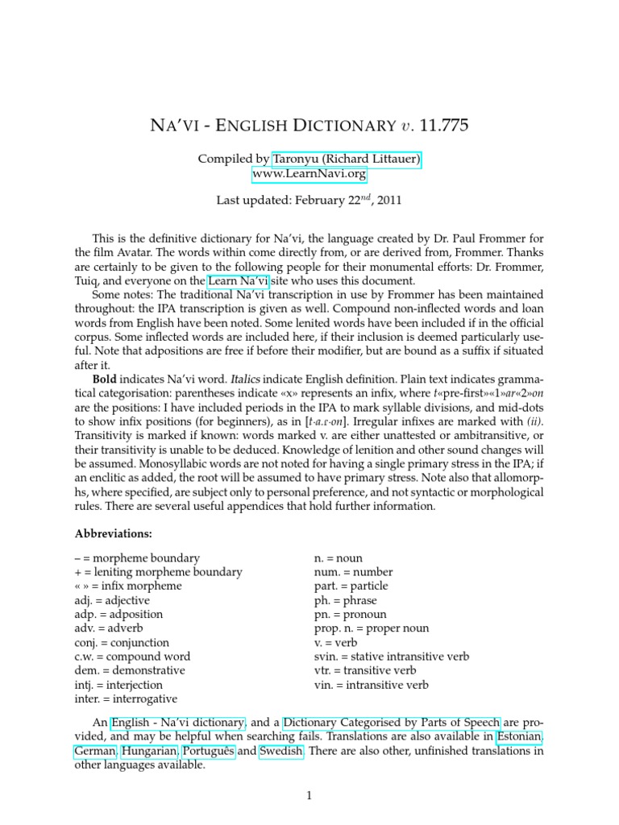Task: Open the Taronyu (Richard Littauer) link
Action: point(347,160)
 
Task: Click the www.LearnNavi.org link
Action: point(309,173)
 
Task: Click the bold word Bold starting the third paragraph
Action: point(106,378)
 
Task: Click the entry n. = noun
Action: point(342,558)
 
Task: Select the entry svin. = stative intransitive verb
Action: point(392,657)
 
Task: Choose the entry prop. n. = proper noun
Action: point(372,628)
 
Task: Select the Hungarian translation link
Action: point(150,752)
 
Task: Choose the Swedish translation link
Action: point(281,752)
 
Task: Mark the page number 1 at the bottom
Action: point(309,796)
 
